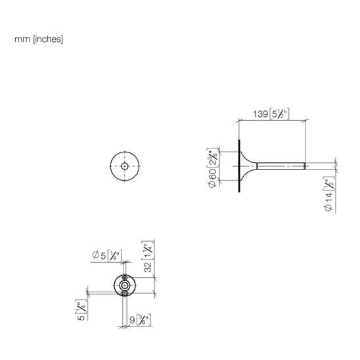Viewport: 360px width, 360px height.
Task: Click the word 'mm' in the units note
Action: click(x=22, y=39)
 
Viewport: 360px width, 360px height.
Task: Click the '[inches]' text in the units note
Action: click(x=48, y=39)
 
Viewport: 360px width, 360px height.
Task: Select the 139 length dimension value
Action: click(x=260, y=114)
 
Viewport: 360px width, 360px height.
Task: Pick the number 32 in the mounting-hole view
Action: click(x=148, y=267)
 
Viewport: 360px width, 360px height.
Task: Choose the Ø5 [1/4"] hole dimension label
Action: click(x=107, y=256)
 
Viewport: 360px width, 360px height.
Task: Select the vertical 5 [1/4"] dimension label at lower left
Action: click(x=81, y=310)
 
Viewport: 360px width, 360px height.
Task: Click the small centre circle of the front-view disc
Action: click(x=125, y=166)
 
